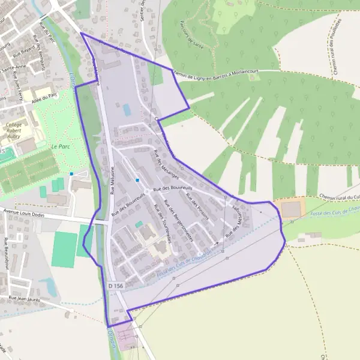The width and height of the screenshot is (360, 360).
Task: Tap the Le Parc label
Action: click(61, 146)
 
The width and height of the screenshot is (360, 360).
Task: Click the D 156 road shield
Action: click(116, 286)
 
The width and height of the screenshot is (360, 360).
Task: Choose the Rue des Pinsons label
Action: click(197, 207)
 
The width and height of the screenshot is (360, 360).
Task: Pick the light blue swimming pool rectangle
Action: click(127, 110)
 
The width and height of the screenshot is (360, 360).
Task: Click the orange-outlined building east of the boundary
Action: click(292, 209)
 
